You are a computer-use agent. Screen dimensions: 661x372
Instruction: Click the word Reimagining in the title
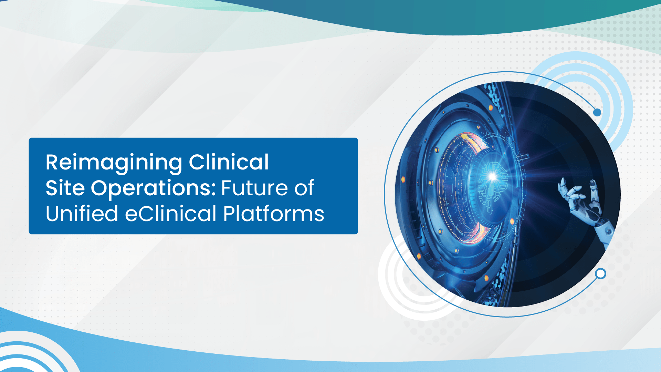coord(114,163)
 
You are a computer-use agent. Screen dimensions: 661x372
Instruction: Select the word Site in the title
coord(65,188)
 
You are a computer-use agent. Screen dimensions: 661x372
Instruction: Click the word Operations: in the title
coord(154,189)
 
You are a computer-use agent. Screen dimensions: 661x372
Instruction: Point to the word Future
coord(254,188)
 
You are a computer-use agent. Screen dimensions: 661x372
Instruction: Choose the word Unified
coord(82,213)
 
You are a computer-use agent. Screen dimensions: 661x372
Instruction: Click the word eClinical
coord(171,214)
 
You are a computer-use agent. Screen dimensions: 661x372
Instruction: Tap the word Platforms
coord(274,214)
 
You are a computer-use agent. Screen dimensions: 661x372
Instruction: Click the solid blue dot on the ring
coord(597,112)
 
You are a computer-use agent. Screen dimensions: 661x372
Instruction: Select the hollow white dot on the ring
coord(601,273)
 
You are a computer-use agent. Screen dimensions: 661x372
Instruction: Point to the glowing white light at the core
coord(493,177)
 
